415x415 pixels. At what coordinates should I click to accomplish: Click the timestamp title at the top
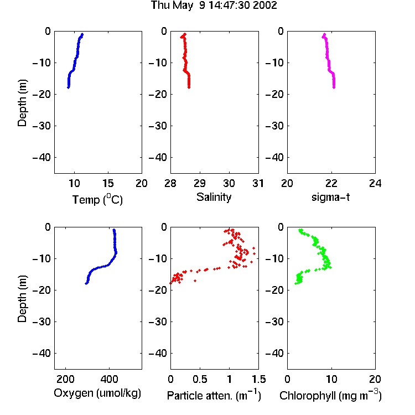pyautogui.click(x=214, y=5)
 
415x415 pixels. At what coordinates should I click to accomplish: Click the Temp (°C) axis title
pyautogui.click(x=97, y=199)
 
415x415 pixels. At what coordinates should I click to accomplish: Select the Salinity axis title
pyautogui.click(x=214, y=198)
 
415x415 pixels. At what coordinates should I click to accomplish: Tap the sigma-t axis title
pyautogui.click(x=331, y=197)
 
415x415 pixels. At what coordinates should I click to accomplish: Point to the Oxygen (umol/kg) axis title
pyautogui.click(x=97, y=393)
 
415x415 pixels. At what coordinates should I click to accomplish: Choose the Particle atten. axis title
pyautogui.click(x=214, y=396)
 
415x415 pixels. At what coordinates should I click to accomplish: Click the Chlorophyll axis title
pyautogui.click(x=330, y=396)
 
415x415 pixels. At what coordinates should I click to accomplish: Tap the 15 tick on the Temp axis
pyautogui.click(x=108, y=183)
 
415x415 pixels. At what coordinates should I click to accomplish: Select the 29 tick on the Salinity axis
pyautogui.click(x=200, y=183)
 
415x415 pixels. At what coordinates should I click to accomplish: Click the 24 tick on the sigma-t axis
pyautogui.click(x=375, y=183)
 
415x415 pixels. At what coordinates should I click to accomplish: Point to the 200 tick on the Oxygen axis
pyautogui.click(x=65, y=379)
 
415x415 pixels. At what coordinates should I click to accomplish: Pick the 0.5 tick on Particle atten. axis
pyautogui.click(x=200, y=379)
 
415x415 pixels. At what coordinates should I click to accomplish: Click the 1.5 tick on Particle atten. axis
pyautogui.click(x=258, y=379)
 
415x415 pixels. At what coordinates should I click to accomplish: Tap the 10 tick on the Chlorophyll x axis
pyautogui.click(x=331, y=379)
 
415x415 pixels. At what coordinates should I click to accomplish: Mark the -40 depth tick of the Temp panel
pyautogui.click(x=42, y=158)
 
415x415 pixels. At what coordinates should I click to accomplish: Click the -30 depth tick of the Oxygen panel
pyautogui.click(x=42, y=321)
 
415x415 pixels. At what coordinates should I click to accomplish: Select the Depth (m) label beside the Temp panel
pyautogui.click(x=22, y=103)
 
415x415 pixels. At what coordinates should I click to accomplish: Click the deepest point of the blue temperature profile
pyautogui.click(x=68, y=87)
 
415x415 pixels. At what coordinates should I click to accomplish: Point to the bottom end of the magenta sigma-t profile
pyautogui.click(x=334, y=87)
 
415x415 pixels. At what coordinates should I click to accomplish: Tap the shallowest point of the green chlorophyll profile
pyautogui.click(x=300, y=230)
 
